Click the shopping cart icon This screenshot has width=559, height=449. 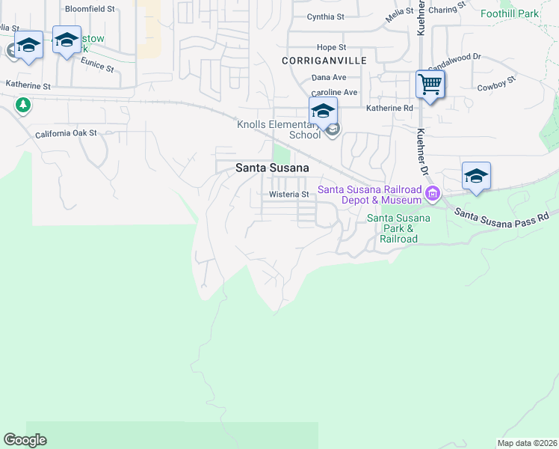430,84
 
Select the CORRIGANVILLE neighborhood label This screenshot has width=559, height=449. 317,59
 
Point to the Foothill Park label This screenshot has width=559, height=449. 510,14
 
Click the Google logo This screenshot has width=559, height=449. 25,440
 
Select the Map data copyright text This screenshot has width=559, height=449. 527,443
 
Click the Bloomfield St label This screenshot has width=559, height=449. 90,9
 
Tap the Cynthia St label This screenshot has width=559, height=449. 325,16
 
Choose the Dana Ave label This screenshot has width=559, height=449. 329,77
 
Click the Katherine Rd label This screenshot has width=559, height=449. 389,109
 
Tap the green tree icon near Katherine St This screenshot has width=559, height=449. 23,105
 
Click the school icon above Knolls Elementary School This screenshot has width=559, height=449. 323,111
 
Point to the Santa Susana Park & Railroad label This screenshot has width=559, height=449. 398,228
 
